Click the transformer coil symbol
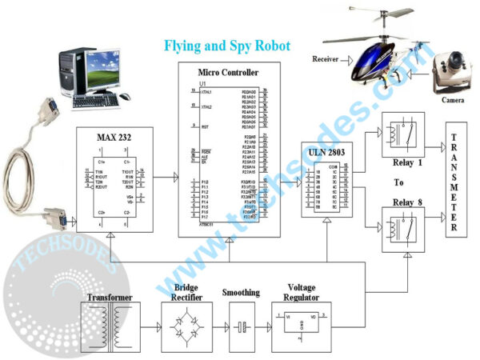[x=111, y=326]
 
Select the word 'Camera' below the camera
[x=453, y=100]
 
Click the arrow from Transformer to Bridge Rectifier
[x=149, y=327]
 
